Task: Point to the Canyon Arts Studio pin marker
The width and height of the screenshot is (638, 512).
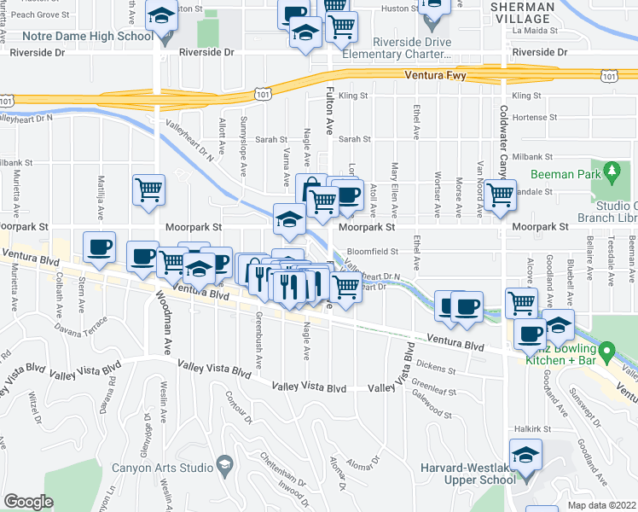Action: click(x=225, y=465)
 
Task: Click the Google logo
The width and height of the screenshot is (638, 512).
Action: click(x=27, y=502)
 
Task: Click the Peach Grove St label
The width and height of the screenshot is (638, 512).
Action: click(x=35, y=15)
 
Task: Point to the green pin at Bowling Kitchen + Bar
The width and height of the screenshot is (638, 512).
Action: click(x=606, y=351)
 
